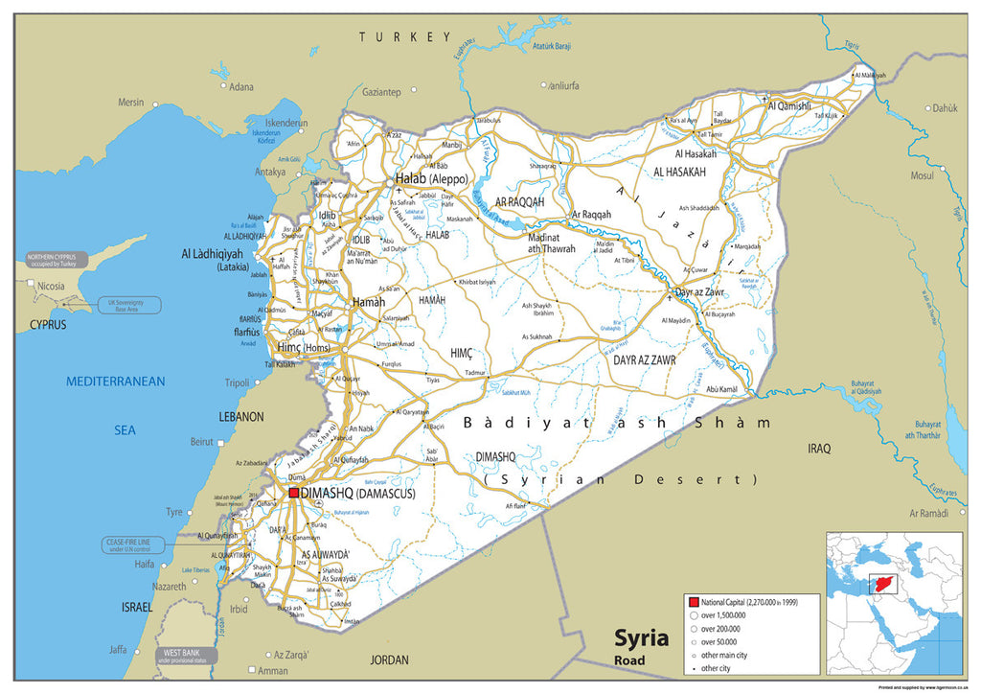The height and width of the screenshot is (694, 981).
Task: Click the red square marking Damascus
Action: [x=294, y=493]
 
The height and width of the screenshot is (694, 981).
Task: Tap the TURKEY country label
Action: [x=404, y=36]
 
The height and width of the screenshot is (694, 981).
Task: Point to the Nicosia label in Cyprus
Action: [x=50, y=286]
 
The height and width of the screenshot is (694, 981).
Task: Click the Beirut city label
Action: [x=202, y=441]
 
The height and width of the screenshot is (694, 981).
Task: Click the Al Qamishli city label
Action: [x=789, y=105]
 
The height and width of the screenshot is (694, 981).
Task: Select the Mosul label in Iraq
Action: [x=922, y=175]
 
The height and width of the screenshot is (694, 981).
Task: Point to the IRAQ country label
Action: [x=819, y=448]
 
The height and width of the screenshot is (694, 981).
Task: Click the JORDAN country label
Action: [x=389, y=659]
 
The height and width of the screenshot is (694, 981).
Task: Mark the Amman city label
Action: [x=272, y=671]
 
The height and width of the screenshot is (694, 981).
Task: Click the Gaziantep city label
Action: [x=381, y=92]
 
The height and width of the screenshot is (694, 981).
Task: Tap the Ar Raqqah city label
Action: [x=590, y=215]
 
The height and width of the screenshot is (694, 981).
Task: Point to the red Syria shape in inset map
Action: [x=881, y=584]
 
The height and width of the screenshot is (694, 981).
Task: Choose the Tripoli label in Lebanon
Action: [x=237, y=382]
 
